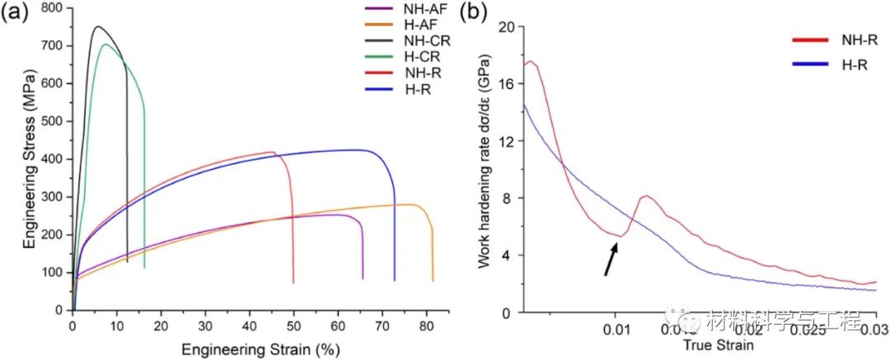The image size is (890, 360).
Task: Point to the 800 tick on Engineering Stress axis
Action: (x=54, y=7)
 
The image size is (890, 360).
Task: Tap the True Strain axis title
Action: (x=718, y=346)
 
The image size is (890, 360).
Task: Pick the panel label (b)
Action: (x=475, y=12)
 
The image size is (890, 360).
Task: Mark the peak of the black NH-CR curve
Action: (x=97, y=26)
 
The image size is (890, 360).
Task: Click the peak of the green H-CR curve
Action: (x=105, y=44)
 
